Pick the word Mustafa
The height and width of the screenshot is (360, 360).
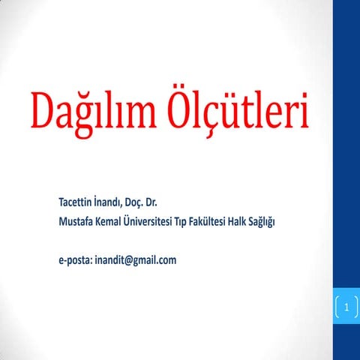pos(78,221)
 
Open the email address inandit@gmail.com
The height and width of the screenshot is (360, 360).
pos(136,260)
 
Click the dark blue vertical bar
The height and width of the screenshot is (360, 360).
pos(346,150)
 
